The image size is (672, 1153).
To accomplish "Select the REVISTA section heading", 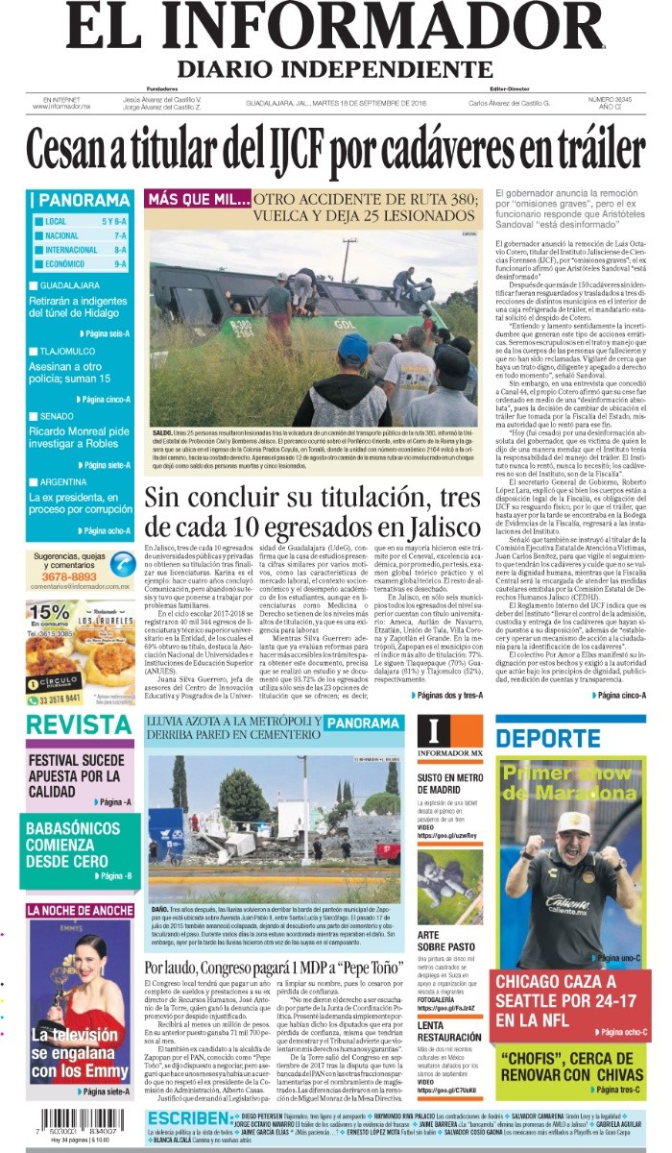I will [67, 724].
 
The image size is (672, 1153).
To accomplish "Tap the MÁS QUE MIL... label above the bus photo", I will [196, 201].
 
